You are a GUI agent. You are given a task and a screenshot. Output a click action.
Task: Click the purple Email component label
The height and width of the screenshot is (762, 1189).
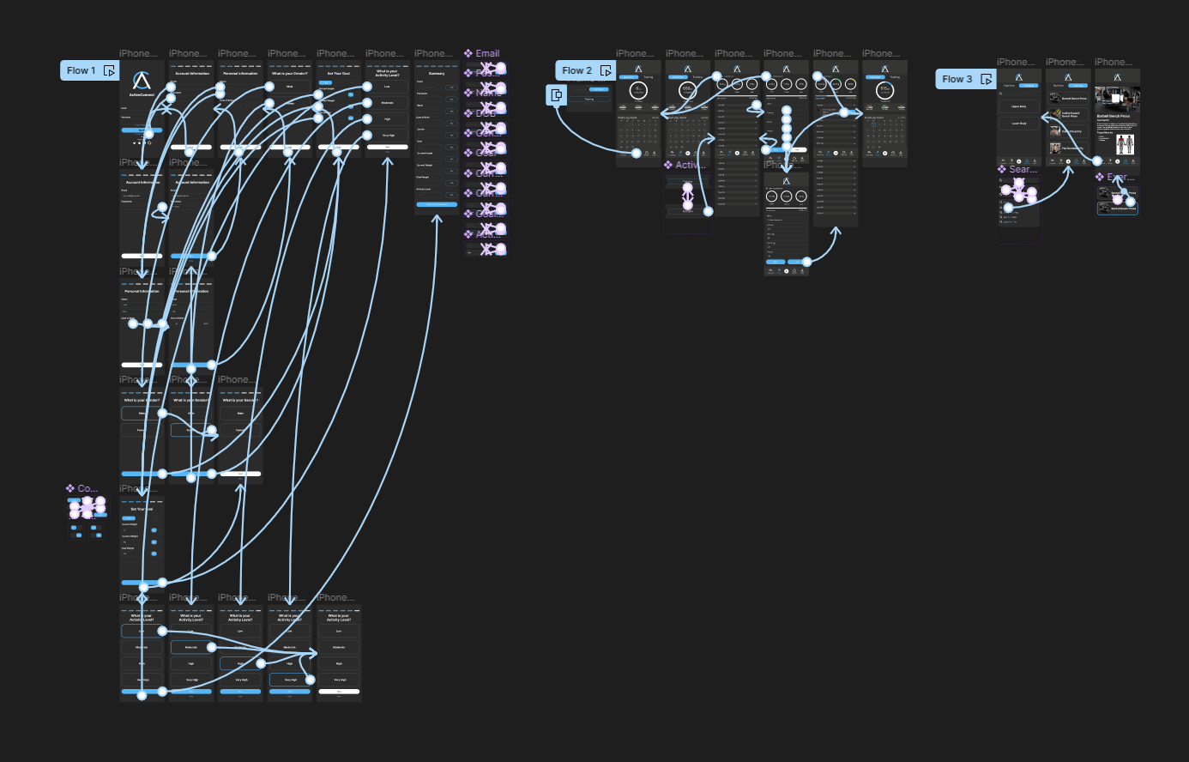[x=486, y=53]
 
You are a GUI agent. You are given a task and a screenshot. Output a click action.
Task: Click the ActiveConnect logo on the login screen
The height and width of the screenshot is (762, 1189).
[x=142, y=82]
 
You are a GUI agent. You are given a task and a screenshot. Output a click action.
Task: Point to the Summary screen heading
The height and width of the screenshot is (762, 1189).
[x=437, y=74]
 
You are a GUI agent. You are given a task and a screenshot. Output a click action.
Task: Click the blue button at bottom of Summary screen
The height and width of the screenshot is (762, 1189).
[x=437, y=204]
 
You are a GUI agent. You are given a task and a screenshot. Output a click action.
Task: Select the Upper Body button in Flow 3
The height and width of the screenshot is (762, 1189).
[x=1019, y=106]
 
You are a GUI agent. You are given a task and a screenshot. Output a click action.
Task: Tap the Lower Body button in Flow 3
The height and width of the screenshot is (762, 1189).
[x=1019, y=124]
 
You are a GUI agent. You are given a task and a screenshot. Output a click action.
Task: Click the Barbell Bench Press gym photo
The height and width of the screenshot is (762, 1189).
[x=1117, y=100]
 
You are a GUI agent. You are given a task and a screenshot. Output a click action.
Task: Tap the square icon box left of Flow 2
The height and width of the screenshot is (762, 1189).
[x=557, y=94]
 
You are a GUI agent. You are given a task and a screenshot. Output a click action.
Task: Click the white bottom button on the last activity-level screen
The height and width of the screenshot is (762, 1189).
[x=339, y=691]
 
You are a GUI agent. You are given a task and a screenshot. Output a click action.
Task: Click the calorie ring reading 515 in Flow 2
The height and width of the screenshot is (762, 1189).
[x=884, y=90]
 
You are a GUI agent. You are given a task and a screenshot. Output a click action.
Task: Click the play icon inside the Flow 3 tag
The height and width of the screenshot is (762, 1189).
[x=987, y=79]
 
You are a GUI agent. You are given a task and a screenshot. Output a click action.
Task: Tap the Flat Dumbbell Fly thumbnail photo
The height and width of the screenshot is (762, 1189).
[x=1055, y=148]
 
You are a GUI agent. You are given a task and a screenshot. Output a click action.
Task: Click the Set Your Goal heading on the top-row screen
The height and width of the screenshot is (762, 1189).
[x=338, y=74]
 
